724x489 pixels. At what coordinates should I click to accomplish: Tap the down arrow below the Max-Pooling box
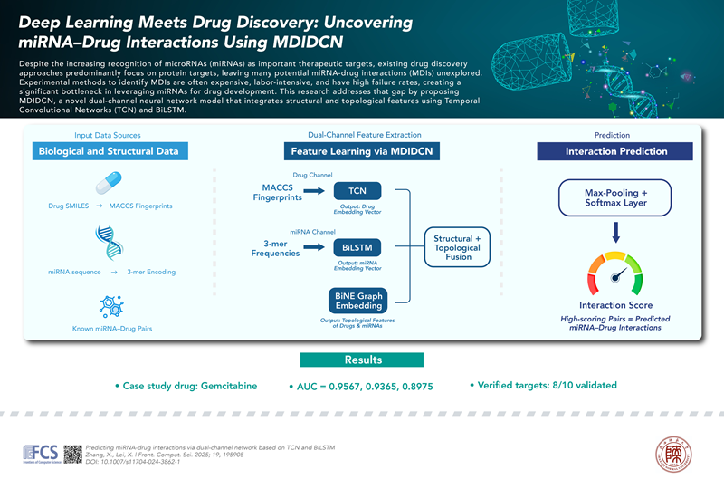[x=615, y=234]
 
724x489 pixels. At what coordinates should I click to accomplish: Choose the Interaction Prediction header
[x=615, y=151]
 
